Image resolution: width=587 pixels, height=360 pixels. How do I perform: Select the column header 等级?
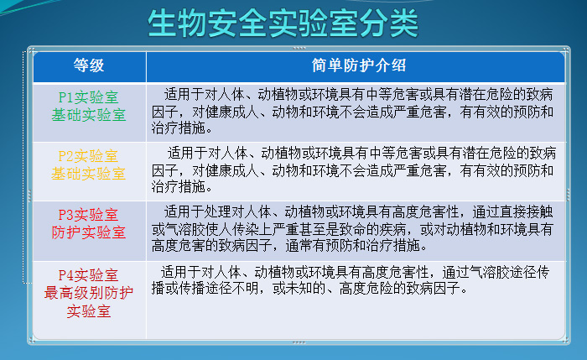point(88,65)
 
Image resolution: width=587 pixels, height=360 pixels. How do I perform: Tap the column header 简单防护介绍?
point(351,65)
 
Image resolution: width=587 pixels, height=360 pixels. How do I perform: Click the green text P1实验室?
point(88,97)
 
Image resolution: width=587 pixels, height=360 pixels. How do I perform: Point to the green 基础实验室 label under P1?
point(88,115)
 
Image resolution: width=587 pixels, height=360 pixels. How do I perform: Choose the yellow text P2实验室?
point(88,156)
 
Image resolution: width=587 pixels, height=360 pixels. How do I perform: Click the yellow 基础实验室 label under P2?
point(88,174)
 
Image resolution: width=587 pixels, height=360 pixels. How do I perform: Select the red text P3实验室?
point(88,214)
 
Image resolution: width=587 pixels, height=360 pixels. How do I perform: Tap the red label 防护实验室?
point(88,232)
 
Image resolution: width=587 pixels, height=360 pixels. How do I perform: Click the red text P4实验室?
point(88,275)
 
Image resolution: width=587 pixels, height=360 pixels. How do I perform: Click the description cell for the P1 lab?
point(351,111)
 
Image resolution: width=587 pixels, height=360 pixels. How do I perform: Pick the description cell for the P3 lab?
point(351,228)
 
